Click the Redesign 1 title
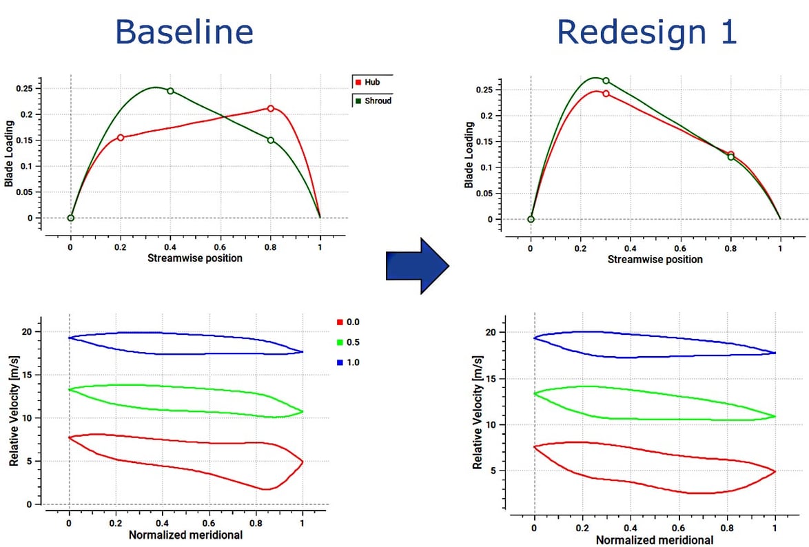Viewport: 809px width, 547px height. pos(646,31)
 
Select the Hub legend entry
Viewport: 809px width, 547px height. pos(372,82)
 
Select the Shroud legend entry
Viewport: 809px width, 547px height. pos(373,101)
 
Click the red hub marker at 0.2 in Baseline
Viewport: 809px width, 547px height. pos(121,138)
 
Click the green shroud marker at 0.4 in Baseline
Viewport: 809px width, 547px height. pos(170,91)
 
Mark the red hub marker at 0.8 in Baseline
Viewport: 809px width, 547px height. pos(271,108)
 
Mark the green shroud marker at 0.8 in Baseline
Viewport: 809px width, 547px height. pos(271,141)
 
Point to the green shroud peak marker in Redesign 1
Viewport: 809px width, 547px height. pos(606,81)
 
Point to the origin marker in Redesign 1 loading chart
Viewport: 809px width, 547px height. pos(531,219)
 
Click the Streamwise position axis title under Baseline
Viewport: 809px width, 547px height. pos(195,258)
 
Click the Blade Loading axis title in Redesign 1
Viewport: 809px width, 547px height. pos(470,156)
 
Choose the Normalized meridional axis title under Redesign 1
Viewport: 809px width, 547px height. pos(655,540)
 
